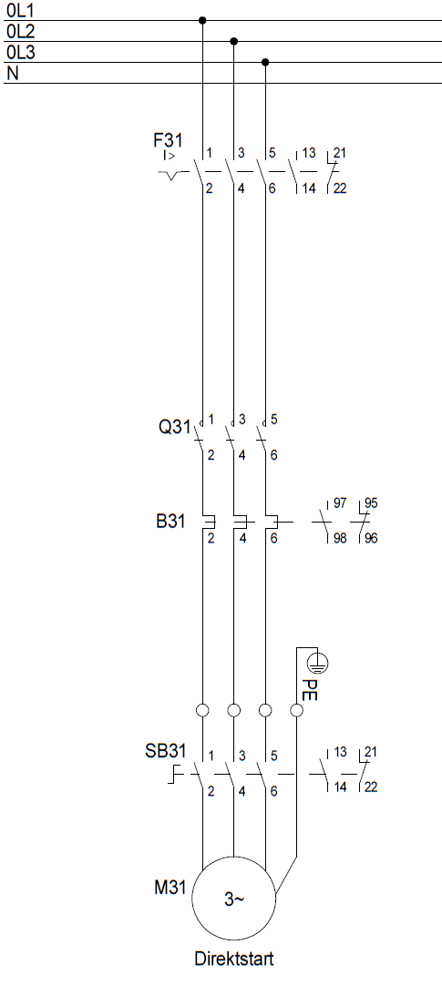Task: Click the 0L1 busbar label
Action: [21, 11]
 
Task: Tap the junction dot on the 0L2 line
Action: [234, 41]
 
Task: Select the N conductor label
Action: [12, 74]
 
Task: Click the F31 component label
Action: [167, 140]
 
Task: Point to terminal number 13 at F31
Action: [309, 153]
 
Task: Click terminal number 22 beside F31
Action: [340, 188]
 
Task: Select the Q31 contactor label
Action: [174, 426]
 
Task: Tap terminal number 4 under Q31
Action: [242, 456]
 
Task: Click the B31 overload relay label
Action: [170, 521]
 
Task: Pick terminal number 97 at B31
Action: [340, 503]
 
